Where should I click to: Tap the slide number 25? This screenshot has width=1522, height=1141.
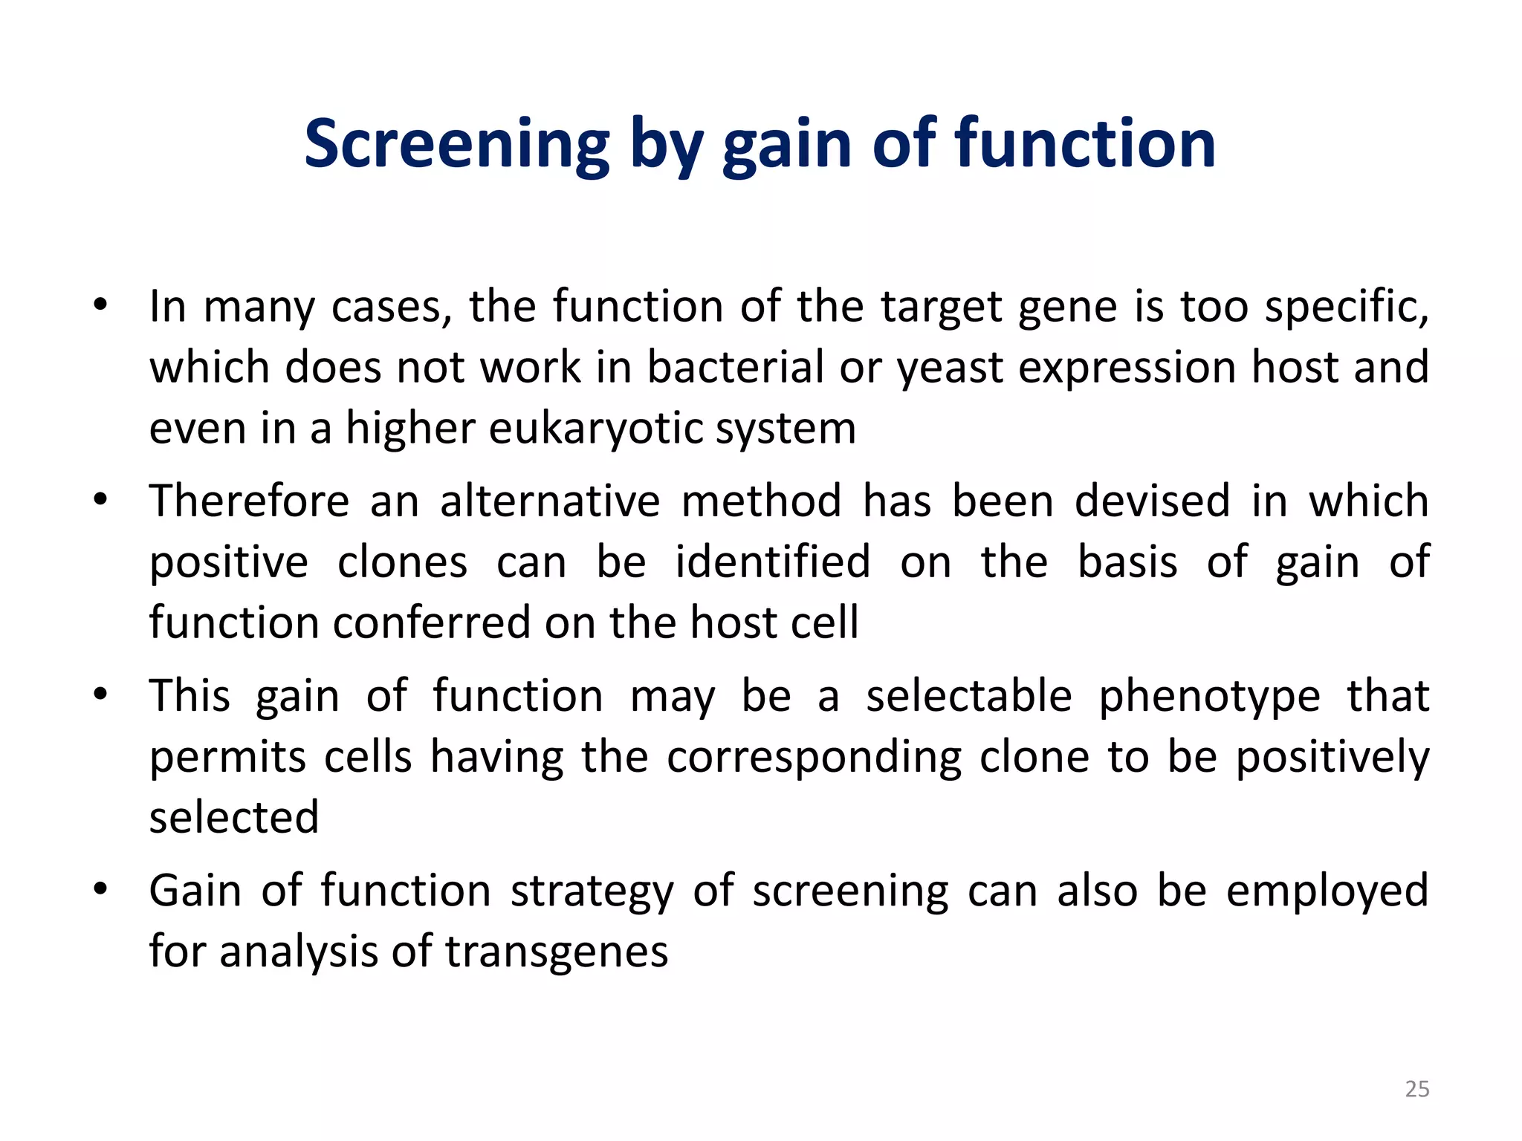(1416, 1089)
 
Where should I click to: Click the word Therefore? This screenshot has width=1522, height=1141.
(249, 501)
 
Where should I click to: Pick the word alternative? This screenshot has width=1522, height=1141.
(549, 501)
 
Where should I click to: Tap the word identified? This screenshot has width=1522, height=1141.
(772, 562)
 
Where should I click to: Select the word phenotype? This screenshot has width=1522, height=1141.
(1209, 697)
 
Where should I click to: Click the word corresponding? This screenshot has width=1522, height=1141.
(814, 758)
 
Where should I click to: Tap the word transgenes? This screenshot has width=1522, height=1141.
(557, 952)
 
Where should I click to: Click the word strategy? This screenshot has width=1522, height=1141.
(591, 891)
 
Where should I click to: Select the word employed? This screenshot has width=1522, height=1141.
(1327, 891)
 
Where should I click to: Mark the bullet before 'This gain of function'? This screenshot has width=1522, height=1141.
(100, 695)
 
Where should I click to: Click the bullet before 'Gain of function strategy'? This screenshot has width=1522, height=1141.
(100, 890)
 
